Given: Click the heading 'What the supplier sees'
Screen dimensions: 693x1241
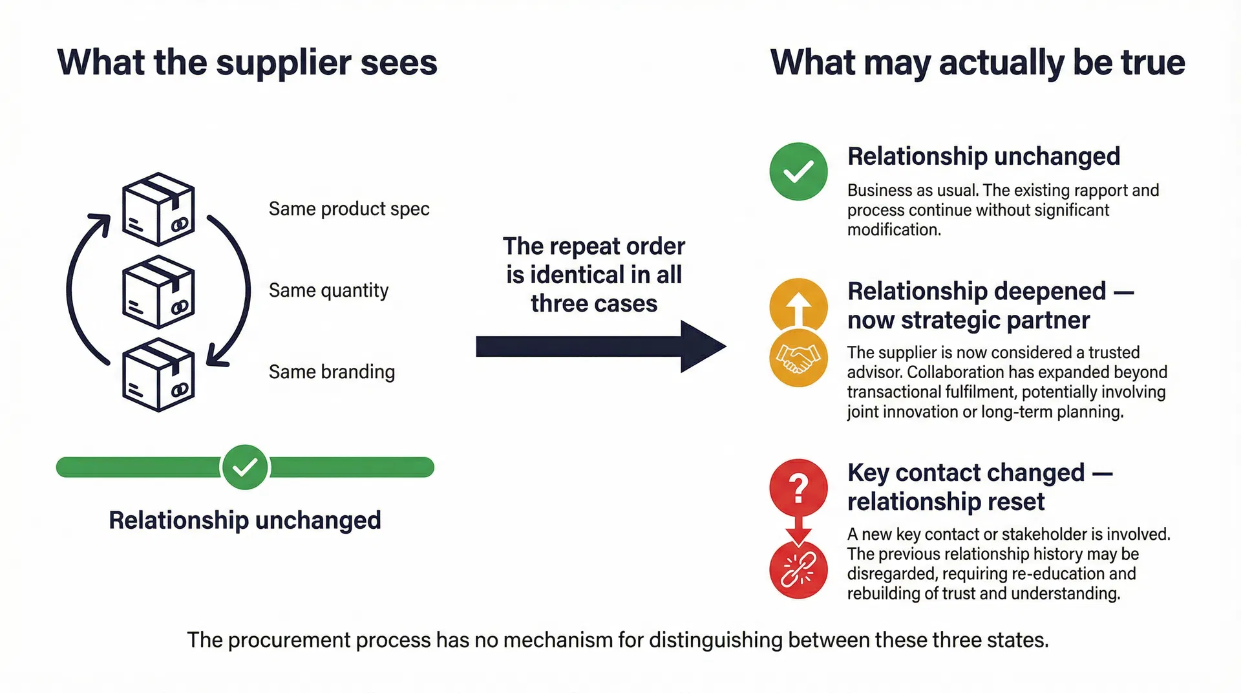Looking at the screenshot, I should click(x=247, y=63).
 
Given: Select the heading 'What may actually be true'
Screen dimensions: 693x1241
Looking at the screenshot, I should click(x=977, y=63).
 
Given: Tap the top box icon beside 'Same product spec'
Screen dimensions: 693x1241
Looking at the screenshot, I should click(x=158, y=209).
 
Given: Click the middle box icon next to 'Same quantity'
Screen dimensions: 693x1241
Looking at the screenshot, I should click(x=158, y=292).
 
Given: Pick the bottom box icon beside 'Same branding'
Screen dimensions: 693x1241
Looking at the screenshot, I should click(x=158, y=374).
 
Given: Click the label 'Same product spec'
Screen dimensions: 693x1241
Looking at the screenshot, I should click(x=348, y=209).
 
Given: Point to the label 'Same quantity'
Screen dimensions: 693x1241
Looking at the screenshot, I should click(x=328, y=290).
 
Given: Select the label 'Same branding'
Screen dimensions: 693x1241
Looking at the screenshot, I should click(x=332, y=372).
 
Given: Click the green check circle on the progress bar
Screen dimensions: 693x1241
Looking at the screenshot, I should click(x=245, y=467).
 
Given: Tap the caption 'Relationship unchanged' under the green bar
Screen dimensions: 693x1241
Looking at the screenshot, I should click(x=245, y=520).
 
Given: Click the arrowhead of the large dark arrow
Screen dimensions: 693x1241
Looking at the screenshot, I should click(x=701, y=346).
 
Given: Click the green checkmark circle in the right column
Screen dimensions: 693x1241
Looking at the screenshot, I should click(x=798, y=171).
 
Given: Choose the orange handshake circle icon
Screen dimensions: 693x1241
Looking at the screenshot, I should click(x=798, y=359).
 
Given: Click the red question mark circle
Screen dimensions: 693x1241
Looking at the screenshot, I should click(x=798, y=488).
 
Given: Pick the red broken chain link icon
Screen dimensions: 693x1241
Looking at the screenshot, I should click(x=798, y=570).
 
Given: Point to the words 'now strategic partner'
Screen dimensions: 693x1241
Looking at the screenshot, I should click(x=968, y=320).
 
